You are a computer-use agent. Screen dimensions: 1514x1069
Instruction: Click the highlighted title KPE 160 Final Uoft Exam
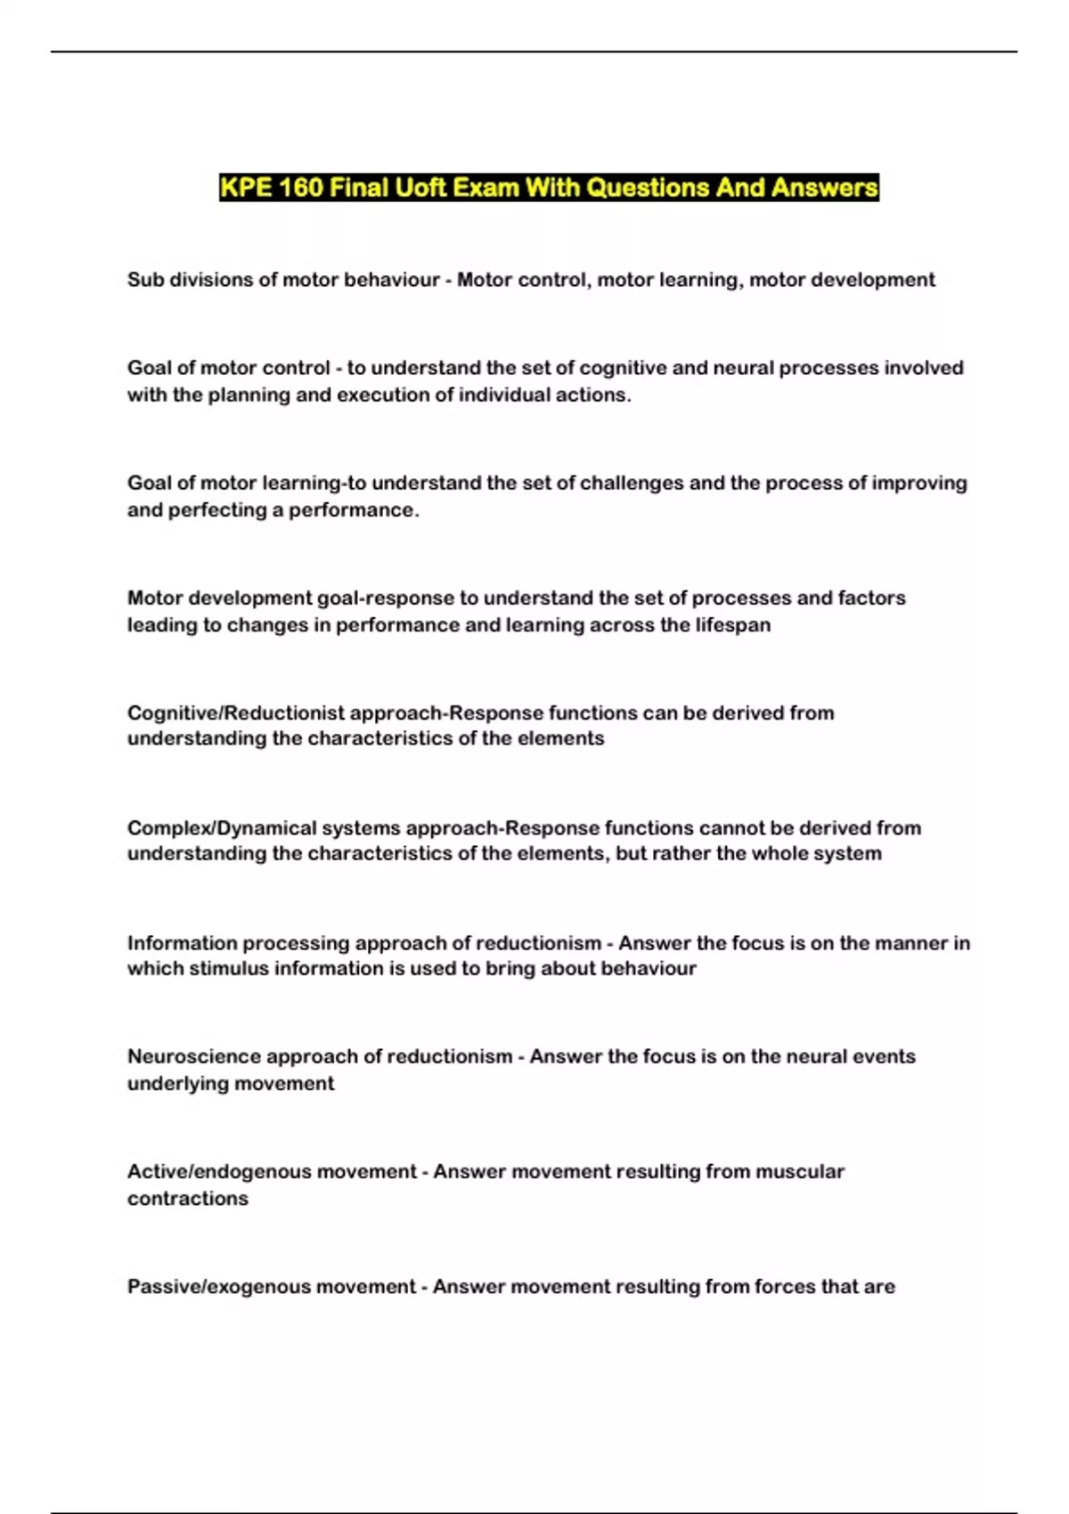point(549,188)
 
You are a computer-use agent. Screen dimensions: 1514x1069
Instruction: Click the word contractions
point(188,1198)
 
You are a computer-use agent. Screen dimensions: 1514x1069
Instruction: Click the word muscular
point(799,1171)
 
